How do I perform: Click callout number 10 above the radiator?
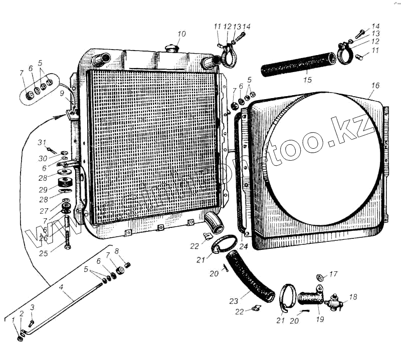point(181,34)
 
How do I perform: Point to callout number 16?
point(375,86)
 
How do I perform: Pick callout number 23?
point(234,301)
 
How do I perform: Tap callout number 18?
point(353,297)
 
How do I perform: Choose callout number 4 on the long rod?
point(61,287)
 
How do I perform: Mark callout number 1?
point(14,327)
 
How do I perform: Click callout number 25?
point(44,253)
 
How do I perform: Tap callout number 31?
point(42,143)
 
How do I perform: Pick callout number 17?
point(333,274)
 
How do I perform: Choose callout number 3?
point(32,307)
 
